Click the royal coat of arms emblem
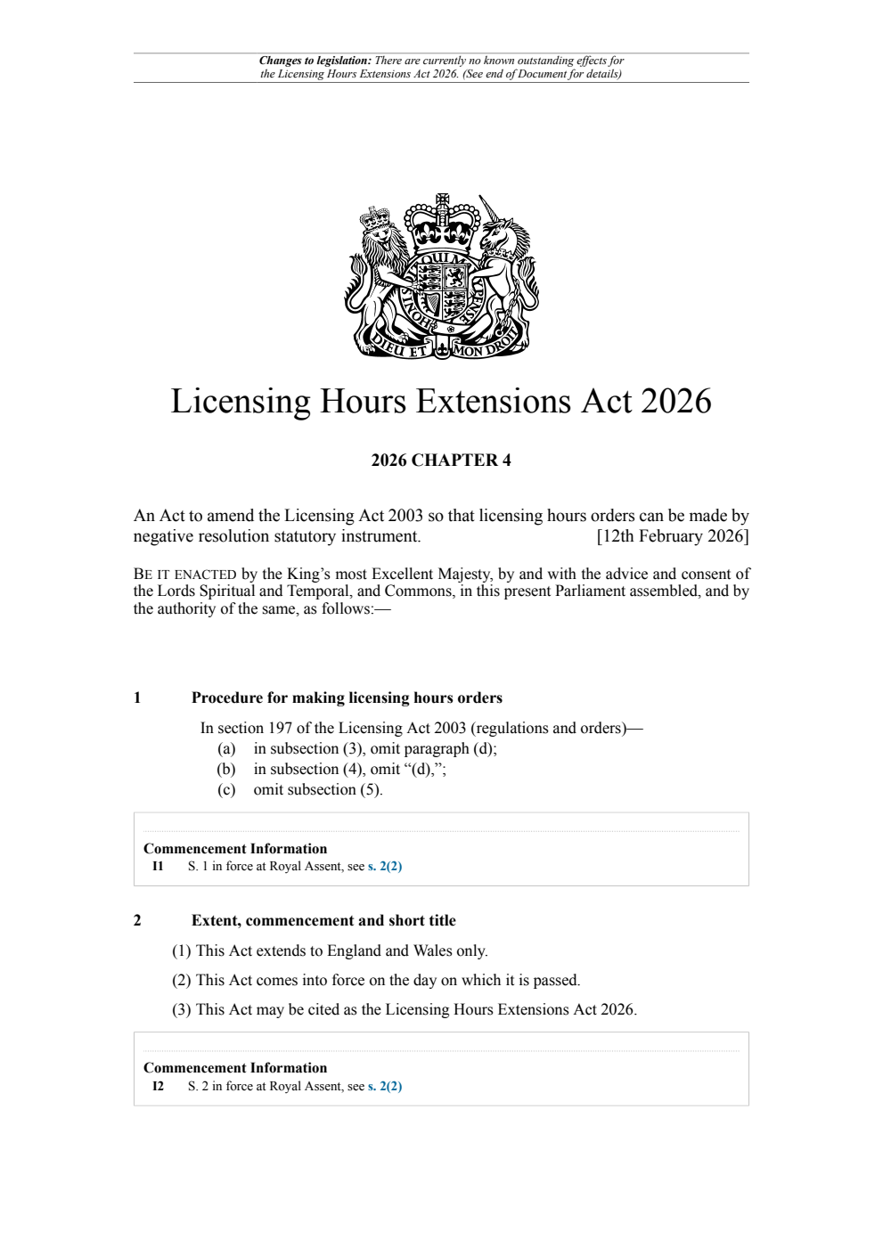[441, 276]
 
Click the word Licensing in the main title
[241, 402]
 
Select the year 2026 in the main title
[675, 402]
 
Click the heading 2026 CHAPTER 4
[441, 461]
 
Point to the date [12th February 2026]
[672, 536]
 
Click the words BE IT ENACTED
[184, 575]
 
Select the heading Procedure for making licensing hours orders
[347, 697]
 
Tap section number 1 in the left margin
[137, 697]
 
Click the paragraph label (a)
[226, 749]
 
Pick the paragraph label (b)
[226, 770]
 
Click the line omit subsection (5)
[317, 790]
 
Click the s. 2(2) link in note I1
[385, 867]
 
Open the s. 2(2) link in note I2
[385, 1087]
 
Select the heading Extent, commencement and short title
[323, 921]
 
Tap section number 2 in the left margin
[137, 921]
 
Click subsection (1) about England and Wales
[330, 951]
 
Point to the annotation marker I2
[158, 1087]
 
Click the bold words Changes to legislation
[315, 61]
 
